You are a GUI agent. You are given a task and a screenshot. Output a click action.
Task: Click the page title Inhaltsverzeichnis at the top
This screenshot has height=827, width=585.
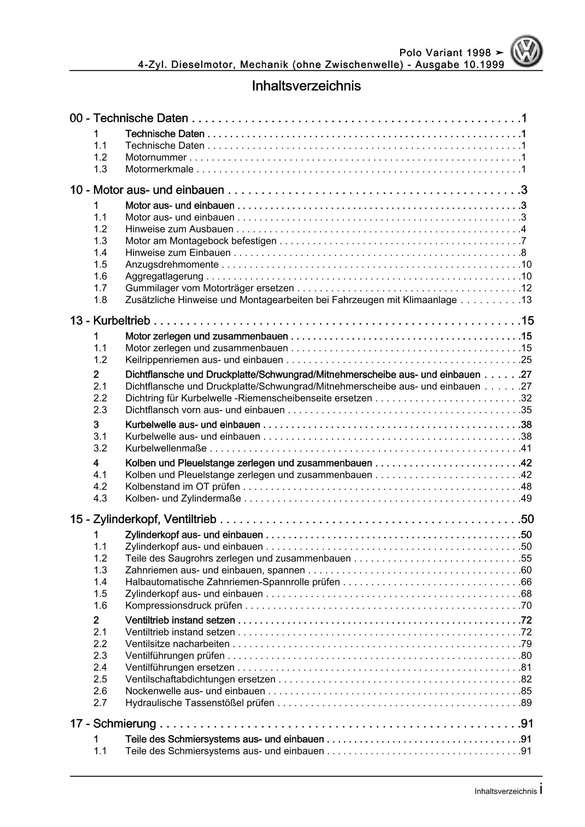pos(306,86)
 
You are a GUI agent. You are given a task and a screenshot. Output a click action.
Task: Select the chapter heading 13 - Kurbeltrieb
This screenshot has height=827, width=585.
pos(110,321)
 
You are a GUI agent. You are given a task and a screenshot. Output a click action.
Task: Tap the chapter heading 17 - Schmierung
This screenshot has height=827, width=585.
pos(113,724)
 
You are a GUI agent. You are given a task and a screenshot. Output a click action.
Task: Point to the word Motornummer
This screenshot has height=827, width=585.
pos(156,158)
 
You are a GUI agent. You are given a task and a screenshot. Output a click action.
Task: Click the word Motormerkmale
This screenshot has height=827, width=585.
pos(160,169)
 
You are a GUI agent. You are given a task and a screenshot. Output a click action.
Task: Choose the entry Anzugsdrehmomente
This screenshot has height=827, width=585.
pos(172,265)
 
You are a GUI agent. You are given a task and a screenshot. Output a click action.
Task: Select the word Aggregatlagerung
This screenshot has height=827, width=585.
pos(165,276)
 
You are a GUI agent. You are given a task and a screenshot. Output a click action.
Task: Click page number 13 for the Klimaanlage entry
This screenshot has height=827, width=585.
pos(526,300)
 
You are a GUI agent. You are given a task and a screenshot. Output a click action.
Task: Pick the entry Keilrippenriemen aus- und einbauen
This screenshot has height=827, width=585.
pos(204,360)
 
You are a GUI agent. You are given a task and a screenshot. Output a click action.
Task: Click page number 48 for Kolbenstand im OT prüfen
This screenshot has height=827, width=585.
pos(526,487)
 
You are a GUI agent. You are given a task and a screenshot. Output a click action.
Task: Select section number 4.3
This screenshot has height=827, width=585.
pos(100,499)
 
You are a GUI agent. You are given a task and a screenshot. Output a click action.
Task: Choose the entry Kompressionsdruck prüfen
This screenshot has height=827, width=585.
pos(184,606)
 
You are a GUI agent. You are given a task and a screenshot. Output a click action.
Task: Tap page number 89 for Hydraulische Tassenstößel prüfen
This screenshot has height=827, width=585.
pos(526,703)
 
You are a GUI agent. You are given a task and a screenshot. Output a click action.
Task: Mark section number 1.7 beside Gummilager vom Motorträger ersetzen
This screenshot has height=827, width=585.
pos(100,288)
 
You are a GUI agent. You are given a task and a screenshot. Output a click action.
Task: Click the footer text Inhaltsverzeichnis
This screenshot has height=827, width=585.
pos(506,792)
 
